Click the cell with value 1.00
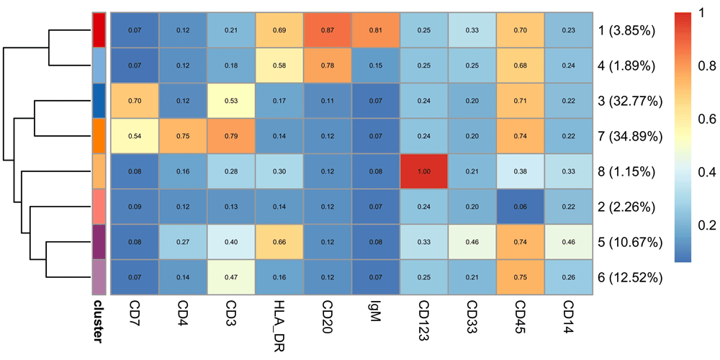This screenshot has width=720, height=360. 425,171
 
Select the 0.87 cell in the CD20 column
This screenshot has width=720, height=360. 328,30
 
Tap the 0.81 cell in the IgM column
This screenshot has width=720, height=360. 377,30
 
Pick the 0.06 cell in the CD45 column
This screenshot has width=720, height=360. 521,207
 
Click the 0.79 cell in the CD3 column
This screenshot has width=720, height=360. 231,136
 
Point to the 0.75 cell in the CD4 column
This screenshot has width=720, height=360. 183,136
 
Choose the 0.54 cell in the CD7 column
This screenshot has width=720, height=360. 135,136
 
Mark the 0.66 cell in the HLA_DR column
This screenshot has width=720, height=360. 279,242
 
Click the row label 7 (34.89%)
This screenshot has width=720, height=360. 630,136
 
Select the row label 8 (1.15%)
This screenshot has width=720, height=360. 626,171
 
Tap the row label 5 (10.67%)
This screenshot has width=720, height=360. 630,242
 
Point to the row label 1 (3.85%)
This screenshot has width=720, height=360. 626,30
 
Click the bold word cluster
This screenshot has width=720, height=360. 99,325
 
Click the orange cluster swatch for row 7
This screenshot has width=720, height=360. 100,136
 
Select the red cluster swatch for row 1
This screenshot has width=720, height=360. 100,30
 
